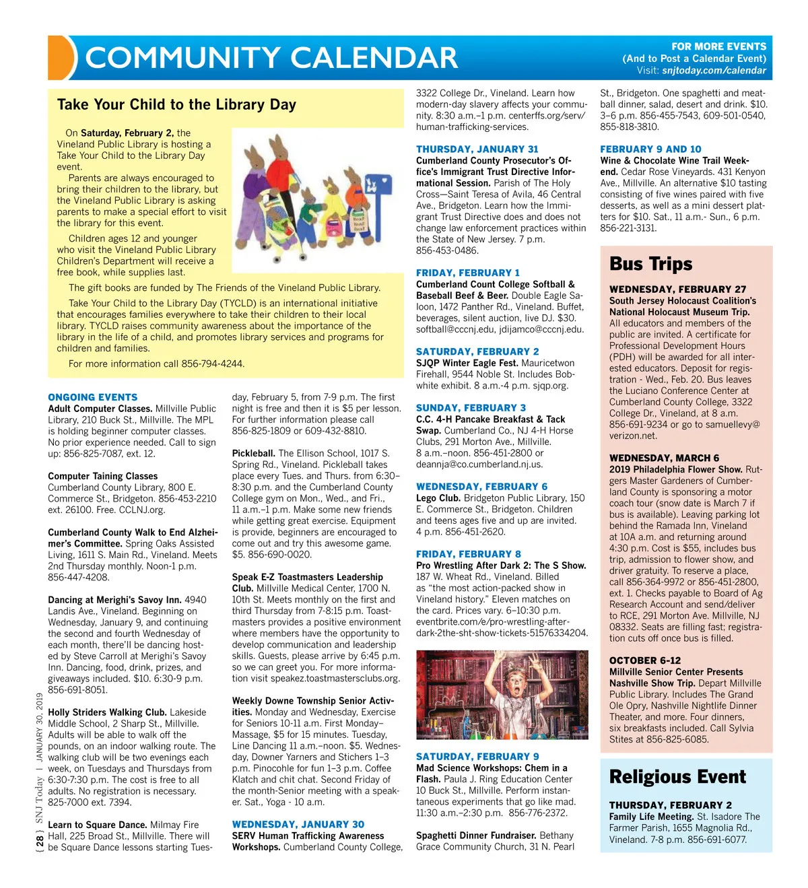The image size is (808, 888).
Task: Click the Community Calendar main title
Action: point(271,58)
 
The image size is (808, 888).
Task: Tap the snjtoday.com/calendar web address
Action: point(714,70)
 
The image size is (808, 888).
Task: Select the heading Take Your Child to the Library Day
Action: point(176,104)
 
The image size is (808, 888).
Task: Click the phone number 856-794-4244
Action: point(213,364)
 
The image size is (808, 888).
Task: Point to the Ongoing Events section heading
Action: point(93,397)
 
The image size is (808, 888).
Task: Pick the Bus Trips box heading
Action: point(650,264)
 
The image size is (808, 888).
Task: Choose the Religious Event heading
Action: point(677,777)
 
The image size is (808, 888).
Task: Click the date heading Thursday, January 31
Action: point(477,149)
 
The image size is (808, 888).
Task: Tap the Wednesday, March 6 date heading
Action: point(664,458)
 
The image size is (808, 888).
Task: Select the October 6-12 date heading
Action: point(644,660)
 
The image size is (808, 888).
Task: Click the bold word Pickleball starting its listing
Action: point(253,453)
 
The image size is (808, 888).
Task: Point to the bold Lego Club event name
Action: point(438,498)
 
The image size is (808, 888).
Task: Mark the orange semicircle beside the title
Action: point(61,58)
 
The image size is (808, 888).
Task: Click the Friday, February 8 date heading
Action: point(468,554)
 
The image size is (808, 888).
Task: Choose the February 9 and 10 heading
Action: point(650,149)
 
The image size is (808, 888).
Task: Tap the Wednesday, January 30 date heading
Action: point(298,824)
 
